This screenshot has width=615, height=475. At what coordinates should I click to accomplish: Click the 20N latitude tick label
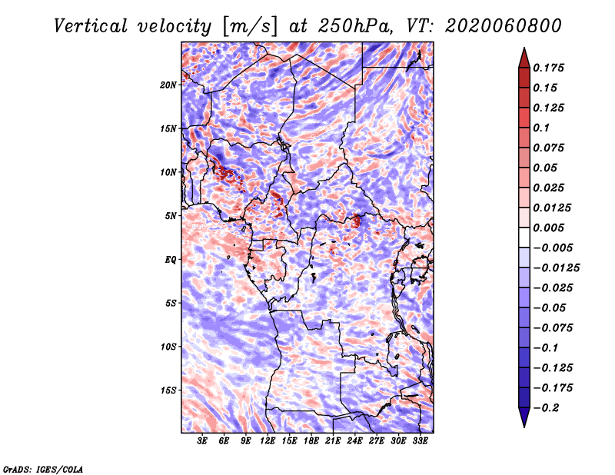coord(168,85)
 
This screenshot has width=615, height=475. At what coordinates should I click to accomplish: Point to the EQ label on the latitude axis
coord(170,260)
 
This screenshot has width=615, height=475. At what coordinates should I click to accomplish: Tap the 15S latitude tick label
coord(168,390)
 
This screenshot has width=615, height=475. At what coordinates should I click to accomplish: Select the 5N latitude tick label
coord(171,216)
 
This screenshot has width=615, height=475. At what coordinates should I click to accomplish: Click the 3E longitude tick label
coord(202,441)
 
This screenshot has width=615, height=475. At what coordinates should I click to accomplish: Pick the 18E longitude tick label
coord(311,441)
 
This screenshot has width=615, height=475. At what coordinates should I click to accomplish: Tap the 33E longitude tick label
coord(420,441)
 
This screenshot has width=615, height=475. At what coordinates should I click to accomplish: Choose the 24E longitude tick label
coord(354,441)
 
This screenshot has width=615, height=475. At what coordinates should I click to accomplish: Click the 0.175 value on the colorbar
coord(548,68)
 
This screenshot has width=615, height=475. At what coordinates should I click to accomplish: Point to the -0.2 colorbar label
coord(546,408)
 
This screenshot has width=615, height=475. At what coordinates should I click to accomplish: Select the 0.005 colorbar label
coord(548,228)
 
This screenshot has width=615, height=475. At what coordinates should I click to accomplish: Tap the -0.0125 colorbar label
coord(556,268)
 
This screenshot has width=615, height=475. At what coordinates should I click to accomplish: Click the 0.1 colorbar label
coord(541,128)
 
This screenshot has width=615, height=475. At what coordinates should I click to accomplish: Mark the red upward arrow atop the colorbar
coord(524,58)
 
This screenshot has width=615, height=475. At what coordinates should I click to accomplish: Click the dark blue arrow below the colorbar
coord(524,417)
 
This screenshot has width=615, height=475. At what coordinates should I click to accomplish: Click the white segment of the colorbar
coord(524,237)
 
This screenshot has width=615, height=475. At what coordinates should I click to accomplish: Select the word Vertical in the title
coord(91,26)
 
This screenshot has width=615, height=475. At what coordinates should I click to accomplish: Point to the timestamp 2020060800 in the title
coord(504,26)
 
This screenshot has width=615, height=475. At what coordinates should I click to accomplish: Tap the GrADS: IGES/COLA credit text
coord(43,470)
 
